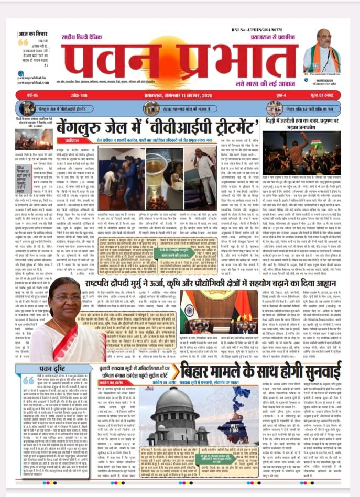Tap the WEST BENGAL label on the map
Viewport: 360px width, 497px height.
coord(247,435)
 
